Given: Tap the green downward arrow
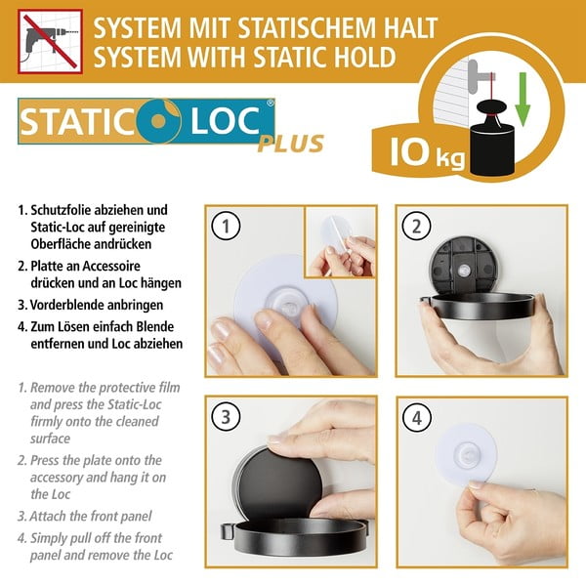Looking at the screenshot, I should tap(522, 107).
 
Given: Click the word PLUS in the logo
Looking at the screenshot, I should tap(290, 145).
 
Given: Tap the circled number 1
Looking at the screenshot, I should tap(226, 228).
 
